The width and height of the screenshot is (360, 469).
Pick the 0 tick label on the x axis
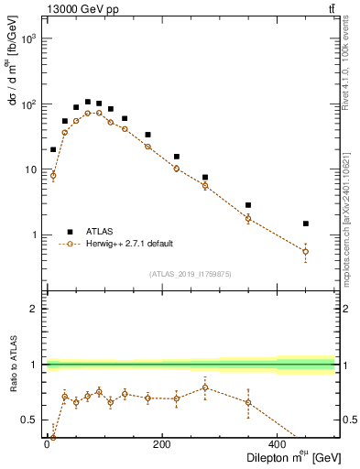tap(48, 444)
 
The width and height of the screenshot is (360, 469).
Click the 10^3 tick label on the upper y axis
tap(28, 39)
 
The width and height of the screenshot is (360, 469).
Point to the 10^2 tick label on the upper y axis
tap(28, 104)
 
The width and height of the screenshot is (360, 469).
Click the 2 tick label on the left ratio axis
tap(34, 309)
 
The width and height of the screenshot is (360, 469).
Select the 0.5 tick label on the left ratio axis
tap(29, 420)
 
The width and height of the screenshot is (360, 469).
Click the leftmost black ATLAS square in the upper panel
tap(53, 149)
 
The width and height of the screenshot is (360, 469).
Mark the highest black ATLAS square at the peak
tap(88, 102)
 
